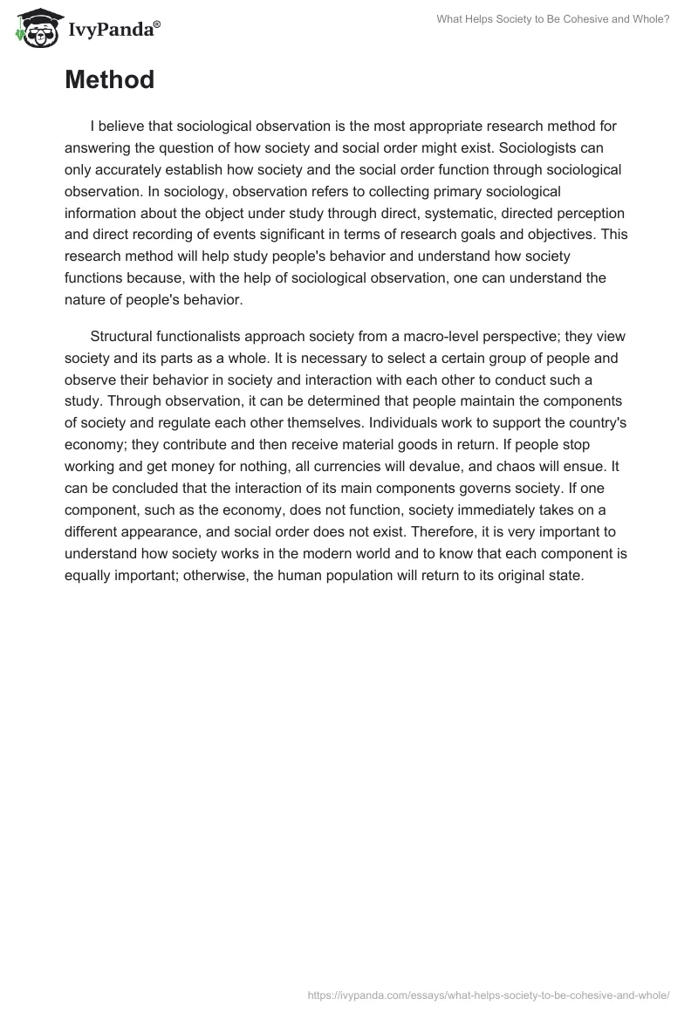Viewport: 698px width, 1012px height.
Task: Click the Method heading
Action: click(x=109, y=80)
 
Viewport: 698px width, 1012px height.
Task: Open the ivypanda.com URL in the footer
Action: click(x=489, y=994)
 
